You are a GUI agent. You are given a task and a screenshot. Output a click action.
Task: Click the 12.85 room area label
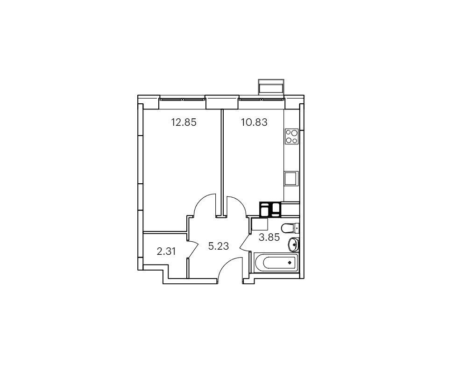184,122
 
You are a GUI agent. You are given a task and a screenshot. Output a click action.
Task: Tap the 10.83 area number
254,122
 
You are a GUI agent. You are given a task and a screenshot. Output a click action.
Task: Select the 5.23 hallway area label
219,246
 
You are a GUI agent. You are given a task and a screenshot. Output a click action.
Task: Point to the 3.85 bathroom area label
269,237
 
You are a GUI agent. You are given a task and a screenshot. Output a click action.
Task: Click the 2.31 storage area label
166,252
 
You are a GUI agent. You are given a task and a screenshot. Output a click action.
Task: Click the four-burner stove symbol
291,137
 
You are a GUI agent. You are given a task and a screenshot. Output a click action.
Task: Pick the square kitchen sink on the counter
291,179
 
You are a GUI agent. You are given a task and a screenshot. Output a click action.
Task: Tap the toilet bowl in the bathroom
290,228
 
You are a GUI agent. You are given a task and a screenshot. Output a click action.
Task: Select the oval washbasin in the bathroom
294,245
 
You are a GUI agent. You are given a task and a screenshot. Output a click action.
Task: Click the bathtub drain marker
290,263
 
